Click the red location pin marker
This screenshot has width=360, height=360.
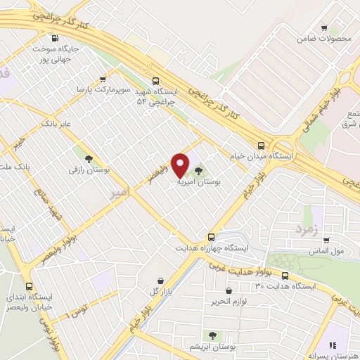click(x=181, y=165)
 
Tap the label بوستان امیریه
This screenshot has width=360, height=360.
click(x=199, y=182)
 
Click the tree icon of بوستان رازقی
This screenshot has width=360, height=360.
click(x=88, y=159)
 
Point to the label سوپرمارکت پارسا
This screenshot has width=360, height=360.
click(x=104, y=90)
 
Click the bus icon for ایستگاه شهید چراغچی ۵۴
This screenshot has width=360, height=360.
click(x=156, y=81)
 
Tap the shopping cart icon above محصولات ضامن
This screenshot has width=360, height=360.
click(x=323, y=28)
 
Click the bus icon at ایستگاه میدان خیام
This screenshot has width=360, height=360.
click(x=262, y=146)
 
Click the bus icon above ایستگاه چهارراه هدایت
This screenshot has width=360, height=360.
click(x=212, y=237)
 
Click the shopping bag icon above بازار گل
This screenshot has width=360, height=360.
click(x=160, y=280)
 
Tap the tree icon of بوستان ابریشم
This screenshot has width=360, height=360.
click(x=212, y=335)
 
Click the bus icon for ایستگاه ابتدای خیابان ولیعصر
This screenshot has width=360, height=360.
click(x=29, y=286)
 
